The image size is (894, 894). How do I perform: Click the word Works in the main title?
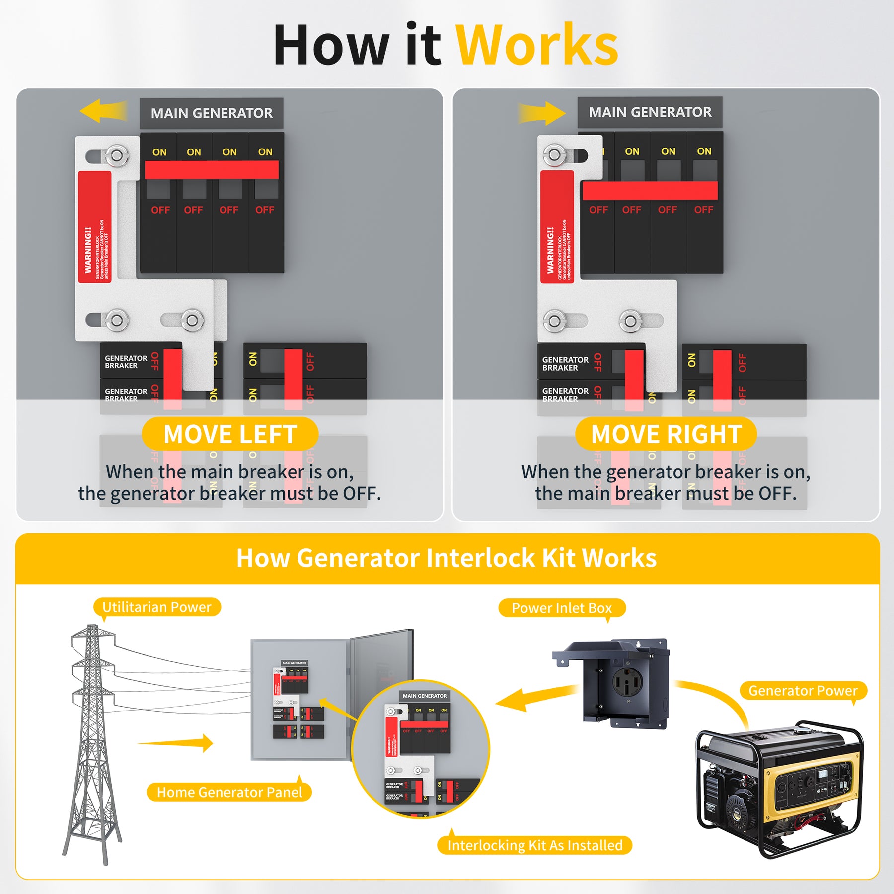tap(536, 46)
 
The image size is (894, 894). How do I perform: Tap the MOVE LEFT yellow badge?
tap(230, 434)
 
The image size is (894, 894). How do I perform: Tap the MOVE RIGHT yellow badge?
tap(666, 434)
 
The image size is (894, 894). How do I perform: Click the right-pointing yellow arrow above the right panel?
tap(542, 113)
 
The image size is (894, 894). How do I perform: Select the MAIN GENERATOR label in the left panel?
tap(212, 113)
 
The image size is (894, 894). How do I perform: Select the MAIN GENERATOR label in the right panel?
tap(650, 112)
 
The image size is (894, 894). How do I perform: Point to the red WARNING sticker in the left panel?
tap(95, 227)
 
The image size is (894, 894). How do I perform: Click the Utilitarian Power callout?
tap(156, 607)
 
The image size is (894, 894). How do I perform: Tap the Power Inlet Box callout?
tap(561, 608)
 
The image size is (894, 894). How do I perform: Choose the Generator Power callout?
tap(803, 691)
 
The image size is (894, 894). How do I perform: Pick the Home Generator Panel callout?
tap(229, 792)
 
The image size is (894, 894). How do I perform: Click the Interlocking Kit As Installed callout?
tap(534, 845)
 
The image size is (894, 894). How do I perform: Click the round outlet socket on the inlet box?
tap(627, 681)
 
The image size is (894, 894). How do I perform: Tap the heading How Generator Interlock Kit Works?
tap(446, 558)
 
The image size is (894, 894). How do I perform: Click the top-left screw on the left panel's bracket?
tap(116, 156)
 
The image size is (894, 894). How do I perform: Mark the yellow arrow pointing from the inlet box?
tap(531, 698)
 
